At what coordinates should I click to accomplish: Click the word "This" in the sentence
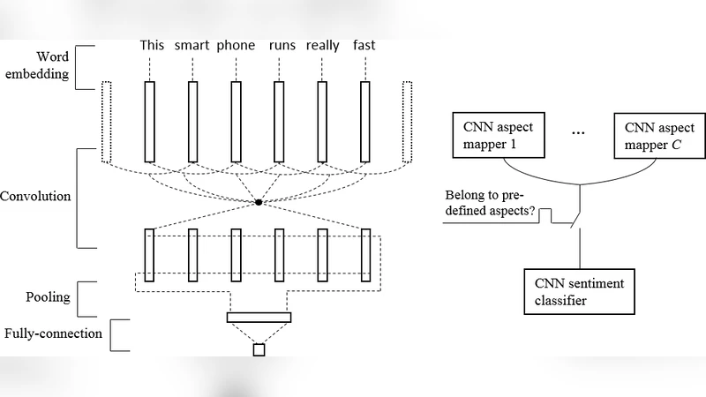point(151,46)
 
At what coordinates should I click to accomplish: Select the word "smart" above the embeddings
point(192,46)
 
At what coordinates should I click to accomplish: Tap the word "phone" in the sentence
point(236,46)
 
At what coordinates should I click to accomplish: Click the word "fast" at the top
point(363,46)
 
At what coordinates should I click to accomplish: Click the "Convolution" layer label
point(35,196)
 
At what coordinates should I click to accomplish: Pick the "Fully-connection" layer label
point(53,333)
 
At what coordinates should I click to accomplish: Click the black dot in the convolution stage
point(258,203)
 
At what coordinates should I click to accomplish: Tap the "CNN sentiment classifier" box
point(579,291)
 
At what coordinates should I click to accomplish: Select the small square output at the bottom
point(259,350)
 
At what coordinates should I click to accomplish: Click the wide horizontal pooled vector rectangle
point(259,317)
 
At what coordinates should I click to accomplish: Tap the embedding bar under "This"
point(150,122)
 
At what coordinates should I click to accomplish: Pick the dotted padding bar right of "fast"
point(407,122)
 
